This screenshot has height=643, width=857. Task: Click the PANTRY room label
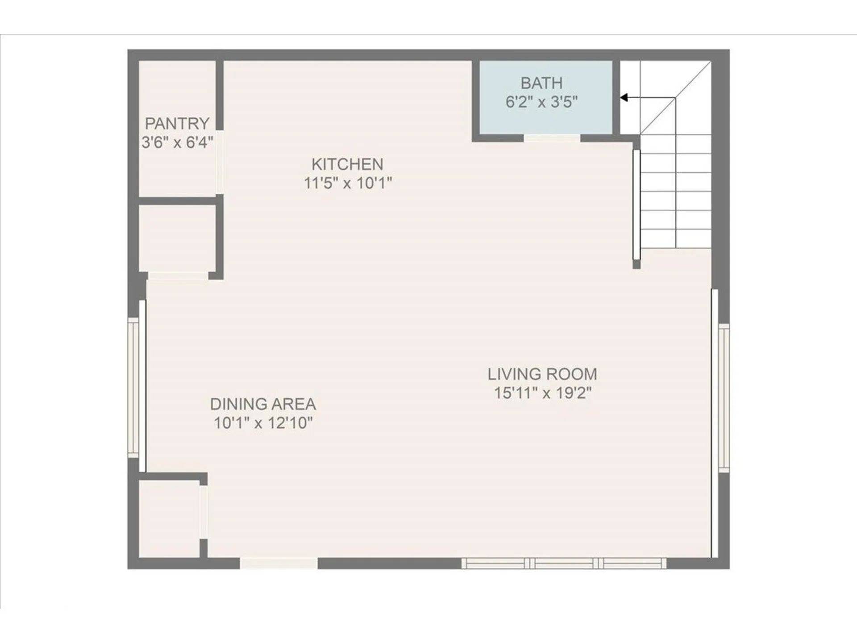pos(177,123)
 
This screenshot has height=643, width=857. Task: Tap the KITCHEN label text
pos(347,164)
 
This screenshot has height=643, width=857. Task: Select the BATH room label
pos(541,83)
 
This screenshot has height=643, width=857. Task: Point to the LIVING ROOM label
pos(542,374)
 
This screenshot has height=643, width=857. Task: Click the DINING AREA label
pos(263,404)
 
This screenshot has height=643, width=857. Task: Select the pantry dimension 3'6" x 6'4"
pos(177,142)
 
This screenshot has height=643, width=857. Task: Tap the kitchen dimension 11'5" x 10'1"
pos(348,183)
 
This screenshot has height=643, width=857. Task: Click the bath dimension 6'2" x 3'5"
pos(541,102)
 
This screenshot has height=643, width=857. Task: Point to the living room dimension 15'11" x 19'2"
pos(542,393)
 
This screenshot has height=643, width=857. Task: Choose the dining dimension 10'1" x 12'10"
pos(263,423)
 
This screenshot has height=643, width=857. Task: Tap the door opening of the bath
pos(552,138)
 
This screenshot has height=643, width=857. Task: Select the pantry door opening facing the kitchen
pos(220,162)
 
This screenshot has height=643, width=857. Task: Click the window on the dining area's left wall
pos(134,387)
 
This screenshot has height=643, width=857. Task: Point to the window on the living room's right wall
pos(724,397)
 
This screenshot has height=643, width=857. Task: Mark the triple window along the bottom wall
pos(564,564)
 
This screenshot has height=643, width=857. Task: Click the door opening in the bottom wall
pos(279,564)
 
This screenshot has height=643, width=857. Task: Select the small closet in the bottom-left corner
pos(169,518)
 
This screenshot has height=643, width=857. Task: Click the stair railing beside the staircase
pos(637,205)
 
